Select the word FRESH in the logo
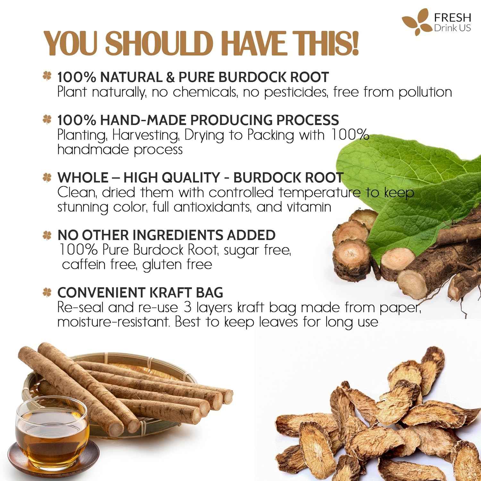(452, 18)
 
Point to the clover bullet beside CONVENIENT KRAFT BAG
(47, 292)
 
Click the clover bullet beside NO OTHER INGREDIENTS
(47, 235)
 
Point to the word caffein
(84, 265)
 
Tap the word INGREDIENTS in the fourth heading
(178, 235)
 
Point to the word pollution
(425, 92)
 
